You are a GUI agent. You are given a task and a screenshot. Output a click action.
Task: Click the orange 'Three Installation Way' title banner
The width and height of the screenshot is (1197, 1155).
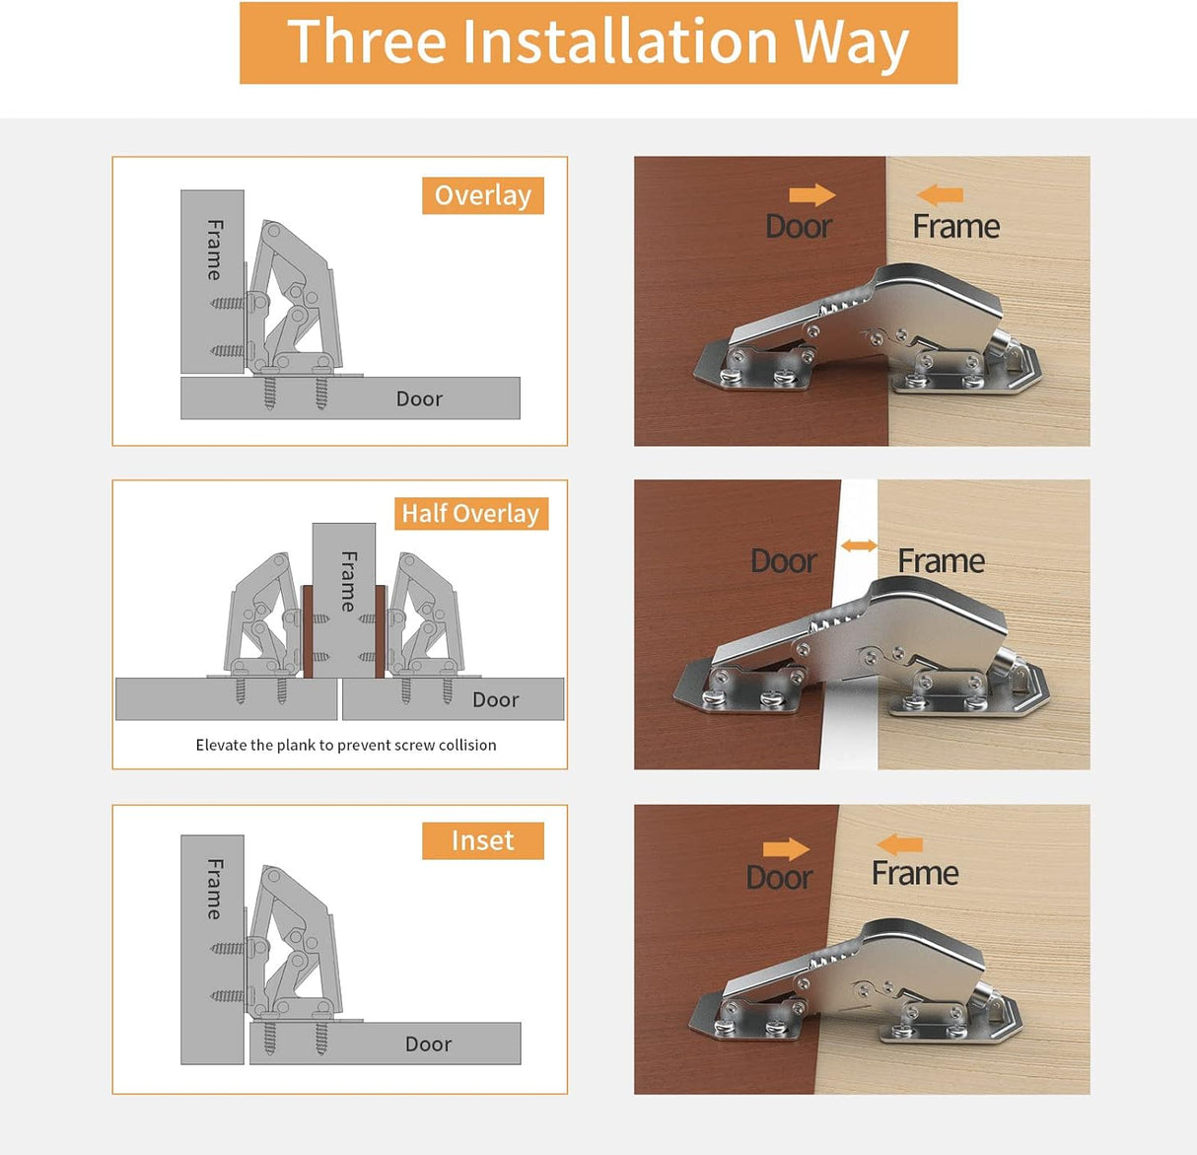click(598, 42)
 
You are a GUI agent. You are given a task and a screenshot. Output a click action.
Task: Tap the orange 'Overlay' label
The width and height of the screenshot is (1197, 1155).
click(482, 195)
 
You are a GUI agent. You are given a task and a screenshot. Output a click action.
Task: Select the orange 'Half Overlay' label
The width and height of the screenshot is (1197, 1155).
click(470, 514)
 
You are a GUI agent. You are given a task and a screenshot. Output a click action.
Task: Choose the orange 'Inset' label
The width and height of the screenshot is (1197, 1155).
click(482, 840)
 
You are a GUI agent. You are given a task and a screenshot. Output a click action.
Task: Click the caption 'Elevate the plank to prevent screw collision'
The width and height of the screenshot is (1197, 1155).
click(345, 745)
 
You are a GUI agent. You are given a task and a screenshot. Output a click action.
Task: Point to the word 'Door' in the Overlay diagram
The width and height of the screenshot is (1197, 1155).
click(419, 399)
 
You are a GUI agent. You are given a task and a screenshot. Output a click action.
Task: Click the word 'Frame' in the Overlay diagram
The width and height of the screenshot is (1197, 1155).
click(214, 250)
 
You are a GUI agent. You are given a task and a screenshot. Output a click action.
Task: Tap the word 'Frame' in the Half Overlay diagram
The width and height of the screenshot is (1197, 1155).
click(348, 581)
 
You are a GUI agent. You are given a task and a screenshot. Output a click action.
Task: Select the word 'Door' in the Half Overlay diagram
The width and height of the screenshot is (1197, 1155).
click(495, 700)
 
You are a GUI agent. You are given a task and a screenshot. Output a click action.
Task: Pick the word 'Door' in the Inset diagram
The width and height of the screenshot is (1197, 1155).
click(428, 1045)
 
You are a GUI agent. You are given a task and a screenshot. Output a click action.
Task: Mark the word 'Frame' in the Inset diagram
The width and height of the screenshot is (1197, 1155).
click(214, 889)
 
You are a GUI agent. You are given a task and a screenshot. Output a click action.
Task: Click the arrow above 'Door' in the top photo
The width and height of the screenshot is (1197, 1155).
click(811, 195)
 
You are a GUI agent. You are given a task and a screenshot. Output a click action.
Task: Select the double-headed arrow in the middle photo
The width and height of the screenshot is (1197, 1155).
click(859, 545)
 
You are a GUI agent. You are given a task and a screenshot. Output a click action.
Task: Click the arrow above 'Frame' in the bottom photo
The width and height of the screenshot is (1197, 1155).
click(899, 844)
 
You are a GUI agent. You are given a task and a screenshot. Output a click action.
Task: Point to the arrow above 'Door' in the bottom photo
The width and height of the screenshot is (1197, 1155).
click(786, 849)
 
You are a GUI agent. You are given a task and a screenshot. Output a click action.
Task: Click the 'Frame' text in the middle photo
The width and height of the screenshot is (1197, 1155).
click(941, 561)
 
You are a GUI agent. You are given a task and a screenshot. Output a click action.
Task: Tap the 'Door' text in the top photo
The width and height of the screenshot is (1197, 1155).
click(799, 227)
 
